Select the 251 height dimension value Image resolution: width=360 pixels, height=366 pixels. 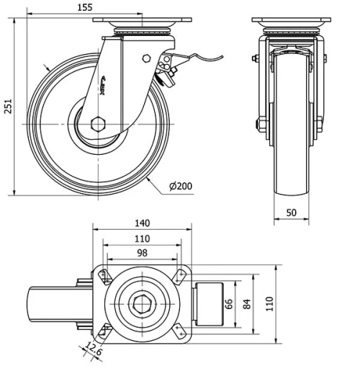tap(7, 105)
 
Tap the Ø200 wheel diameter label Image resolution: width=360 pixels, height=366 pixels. tap(181, 187)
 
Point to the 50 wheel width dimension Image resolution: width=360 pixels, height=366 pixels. tap(292, 213)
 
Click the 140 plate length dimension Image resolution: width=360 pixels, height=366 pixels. tap(143, 223)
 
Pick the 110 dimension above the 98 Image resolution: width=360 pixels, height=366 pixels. tap(143, 238)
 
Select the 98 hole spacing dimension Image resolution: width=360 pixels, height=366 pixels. tap(143, 253)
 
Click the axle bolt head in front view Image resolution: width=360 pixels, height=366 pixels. tap(257, 128)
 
